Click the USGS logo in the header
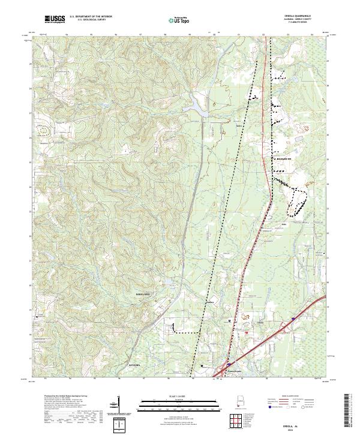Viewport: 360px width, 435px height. (55, 20)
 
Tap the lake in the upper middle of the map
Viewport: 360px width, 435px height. (198, 108)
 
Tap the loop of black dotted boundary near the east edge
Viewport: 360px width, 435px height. (296, 202)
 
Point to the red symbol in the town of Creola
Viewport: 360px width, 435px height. (246, 331)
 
